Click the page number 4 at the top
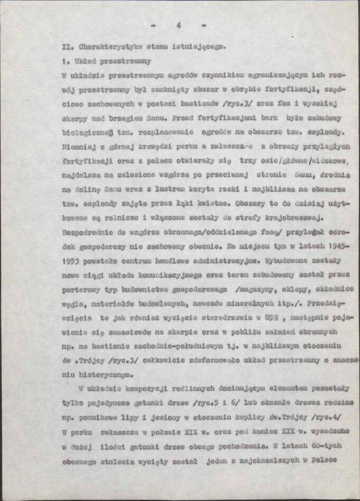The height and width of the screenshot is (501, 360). (179, 25)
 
